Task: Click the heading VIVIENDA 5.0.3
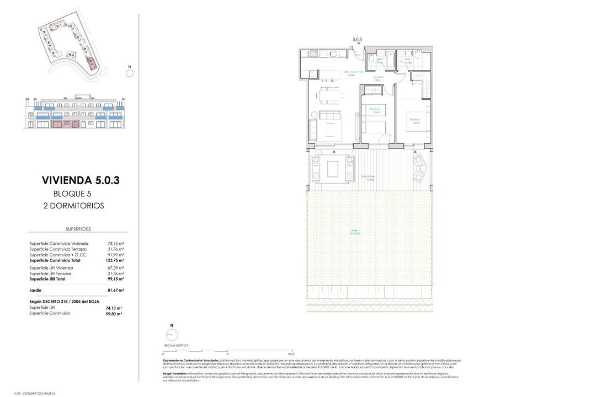point(81,180)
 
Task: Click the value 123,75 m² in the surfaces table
point(115,260)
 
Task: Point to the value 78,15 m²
point(115,243)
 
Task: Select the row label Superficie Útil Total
point(47,279)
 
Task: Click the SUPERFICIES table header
point(78,228)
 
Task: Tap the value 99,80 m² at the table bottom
point(114,313)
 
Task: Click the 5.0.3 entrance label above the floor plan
point(357,40)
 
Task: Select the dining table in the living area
point(329,95)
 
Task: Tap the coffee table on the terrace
point(333,168)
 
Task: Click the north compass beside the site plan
point(130,72)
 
